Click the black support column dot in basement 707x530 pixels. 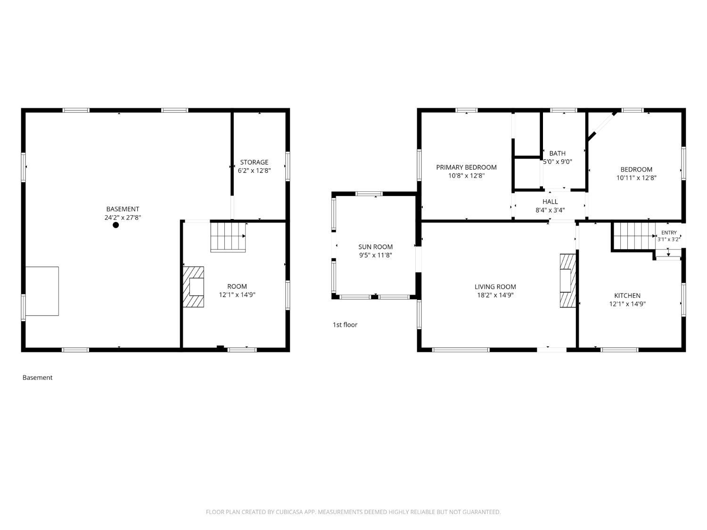(115, 225)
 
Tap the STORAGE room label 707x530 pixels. (254, 162)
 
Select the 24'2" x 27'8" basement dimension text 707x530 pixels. (123, 218)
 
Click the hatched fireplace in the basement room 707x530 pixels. (193, 287)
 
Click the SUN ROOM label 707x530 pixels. (376, 247)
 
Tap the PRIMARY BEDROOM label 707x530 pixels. (467, 167)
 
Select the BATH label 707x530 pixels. (558, 154)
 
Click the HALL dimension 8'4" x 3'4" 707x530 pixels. (550, 210)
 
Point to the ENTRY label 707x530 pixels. (669, 233)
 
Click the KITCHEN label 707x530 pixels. (627, 295)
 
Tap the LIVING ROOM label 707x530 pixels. (495, 287)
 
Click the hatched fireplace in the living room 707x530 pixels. (568, 281)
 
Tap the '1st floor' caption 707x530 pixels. (345, 325)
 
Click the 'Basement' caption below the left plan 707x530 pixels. (37, 377)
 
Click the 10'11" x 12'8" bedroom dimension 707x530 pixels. (636, 178)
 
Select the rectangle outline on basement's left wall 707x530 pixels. (42, 291)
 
